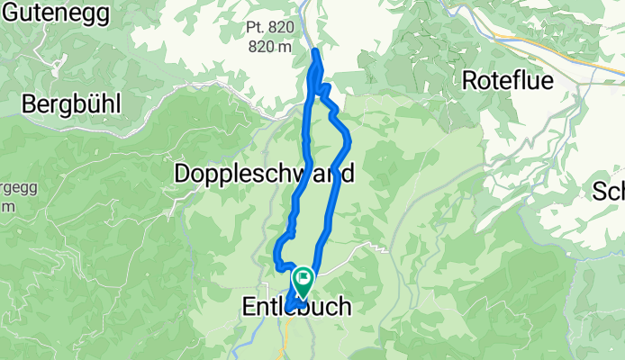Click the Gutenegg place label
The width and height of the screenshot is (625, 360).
pyautogui.click(x=68, y=13)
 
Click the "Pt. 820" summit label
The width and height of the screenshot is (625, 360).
pyautogui.click(x=270, y=28)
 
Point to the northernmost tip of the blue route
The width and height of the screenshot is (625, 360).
pyautogui.click(x=315, y=51)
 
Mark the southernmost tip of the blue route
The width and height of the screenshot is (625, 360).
pyautogui.click(x=290, y=311)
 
